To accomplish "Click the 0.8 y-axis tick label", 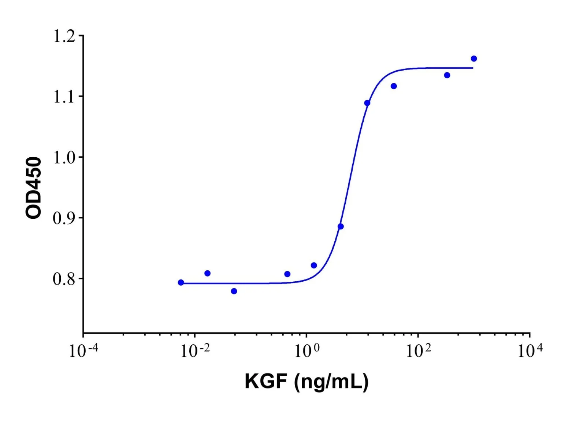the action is pos(64,279).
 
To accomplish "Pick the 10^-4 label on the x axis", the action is pos(83,350).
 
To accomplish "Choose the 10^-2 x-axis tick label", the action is pos(195,350).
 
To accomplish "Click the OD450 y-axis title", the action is pos(34,188).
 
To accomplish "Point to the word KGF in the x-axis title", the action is pos(266,382).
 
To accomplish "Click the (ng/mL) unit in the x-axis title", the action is pos(331,383).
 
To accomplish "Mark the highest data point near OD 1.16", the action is pos(474,59).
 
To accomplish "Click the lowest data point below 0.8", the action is pos(234,291).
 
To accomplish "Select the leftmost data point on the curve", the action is pos(181,282).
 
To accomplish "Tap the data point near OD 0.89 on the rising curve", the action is pos(341,226).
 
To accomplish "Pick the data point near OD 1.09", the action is pos(367,103).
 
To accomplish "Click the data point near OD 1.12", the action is pos(394,86).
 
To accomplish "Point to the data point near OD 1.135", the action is pos(447,75).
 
